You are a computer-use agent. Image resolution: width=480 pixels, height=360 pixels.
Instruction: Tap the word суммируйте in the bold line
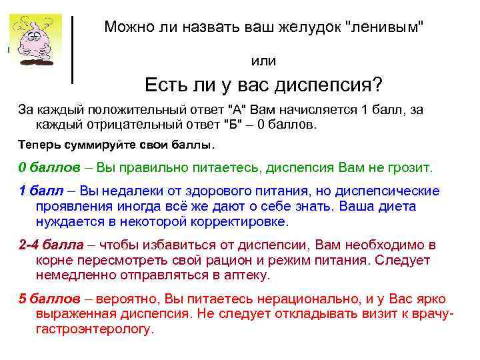pyautogui.click(x=97, y=144)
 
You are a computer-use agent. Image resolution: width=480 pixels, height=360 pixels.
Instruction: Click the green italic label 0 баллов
pyautogui.click(x=49, y=166)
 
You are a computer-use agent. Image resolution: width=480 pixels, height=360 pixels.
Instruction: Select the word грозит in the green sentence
pyautogui.click(x=410, y=166)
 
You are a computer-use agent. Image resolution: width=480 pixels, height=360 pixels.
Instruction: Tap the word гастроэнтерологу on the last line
pyautogui.click(x=93, y=329)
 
